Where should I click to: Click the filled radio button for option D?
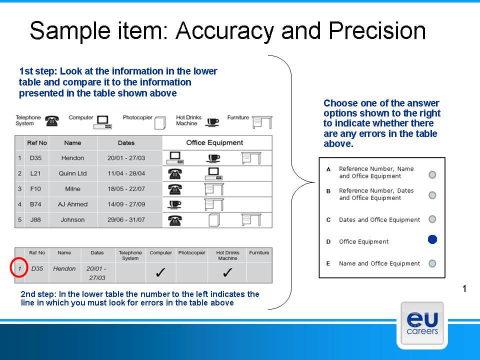432,239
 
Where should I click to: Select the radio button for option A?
432,174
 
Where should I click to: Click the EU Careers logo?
422,325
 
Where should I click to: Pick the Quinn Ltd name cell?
73,173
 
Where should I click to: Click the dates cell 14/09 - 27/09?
126,204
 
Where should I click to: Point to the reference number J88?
35,219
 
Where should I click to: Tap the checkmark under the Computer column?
160,272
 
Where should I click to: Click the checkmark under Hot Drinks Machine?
227,272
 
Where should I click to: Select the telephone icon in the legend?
52,121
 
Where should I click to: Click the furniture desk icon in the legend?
262,122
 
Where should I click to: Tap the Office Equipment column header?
214,142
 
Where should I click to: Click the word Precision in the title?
377,31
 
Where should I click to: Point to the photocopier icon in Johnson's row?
214,220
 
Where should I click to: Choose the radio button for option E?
432,263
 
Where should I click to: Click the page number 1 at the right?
464,288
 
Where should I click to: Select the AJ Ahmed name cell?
73,204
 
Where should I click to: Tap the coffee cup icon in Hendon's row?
213,158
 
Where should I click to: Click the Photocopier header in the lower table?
191,252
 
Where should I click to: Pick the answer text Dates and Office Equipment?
379,220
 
